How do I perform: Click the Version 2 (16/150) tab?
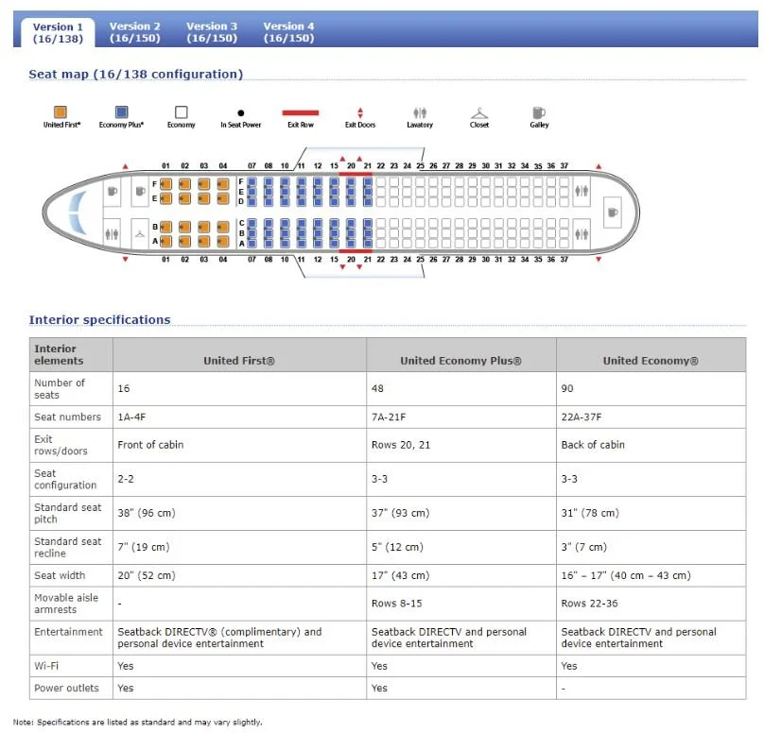point(134,32)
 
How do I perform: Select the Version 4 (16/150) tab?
point(288,32)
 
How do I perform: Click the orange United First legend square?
point(61,111)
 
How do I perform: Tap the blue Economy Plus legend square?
point(121,111)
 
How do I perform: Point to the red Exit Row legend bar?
point(301,112)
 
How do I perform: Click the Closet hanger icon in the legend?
point(479,112)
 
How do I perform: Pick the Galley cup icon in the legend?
point(539,112)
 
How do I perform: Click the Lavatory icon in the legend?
point(420,112)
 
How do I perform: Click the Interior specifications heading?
point(99,320)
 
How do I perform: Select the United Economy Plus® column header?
point(460,361)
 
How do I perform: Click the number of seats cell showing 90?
point(567,388)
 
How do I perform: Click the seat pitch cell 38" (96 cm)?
point(147,513)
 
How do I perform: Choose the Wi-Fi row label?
point(47,666)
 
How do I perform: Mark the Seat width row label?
point(60,575)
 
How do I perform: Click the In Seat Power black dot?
point(241,112)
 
